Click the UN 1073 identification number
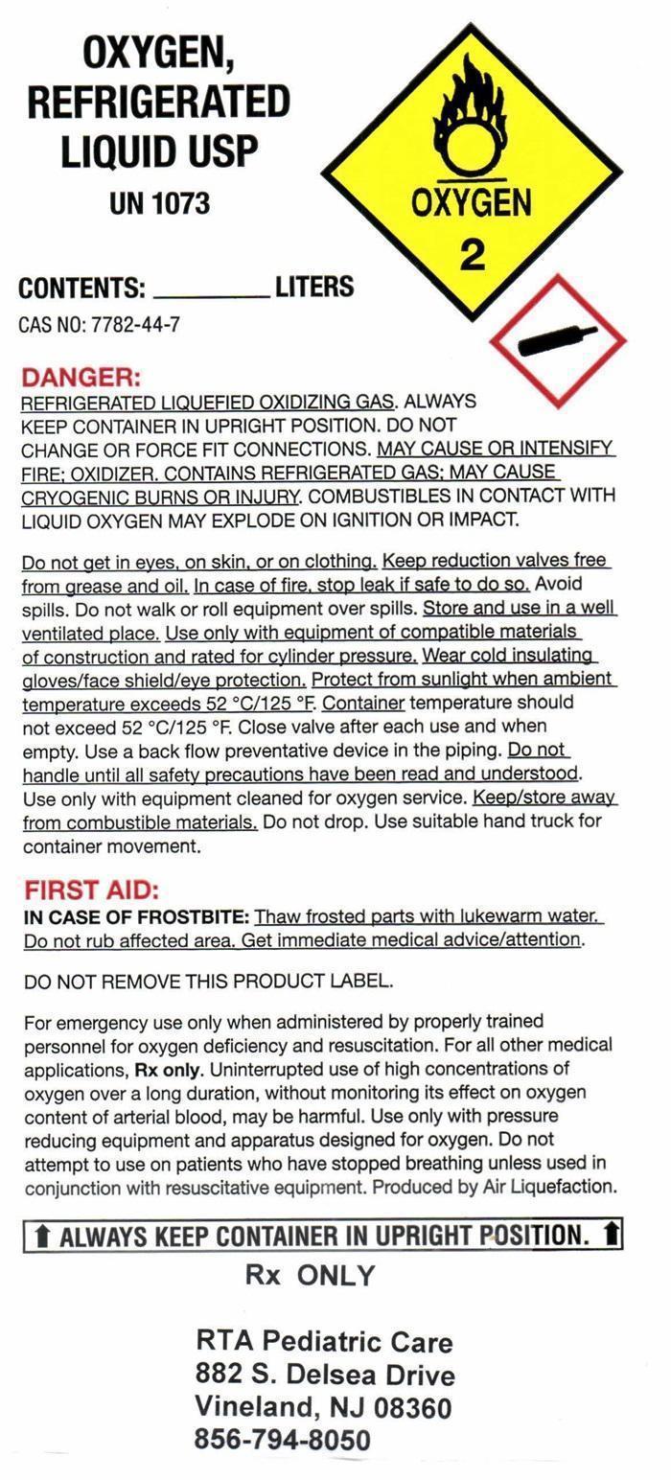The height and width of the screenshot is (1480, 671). point(159,203)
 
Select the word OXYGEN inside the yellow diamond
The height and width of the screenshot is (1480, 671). point(471,203)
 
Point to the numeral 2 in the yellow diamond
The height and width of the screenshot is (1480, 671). point(473,254)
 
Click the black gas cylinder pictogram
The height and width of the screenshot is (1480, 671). point(557,340)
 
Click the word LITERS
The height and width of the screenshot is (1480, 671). point(314,287)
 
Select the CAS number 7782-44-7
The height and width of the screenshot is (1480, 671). point(135,325)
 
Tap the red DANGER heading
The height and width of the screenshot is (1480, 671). point(81,377)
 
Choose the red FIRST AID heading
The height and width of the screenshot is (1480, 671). point(91,890)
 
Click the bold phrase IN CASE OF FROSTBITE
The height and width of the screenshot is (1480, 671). point(137,916)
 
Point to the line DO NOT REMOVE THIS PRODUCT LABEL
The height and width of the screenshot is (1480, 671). point(208,981)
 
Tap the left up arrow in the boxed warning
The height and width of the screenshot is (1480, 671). point(41,1236)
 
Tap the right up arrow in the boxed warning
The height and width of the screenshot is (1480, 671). point(611,1234)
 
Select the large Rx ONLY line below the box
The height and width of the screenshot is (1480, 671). point(311,1276)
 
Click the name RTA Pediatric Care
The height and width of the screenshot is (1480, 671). point(324,1341)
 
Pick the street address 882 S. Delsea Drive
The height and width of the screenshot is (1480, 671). point(325,1375)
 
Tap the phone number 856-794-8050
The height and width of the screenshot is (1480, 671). point(282,1440)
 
